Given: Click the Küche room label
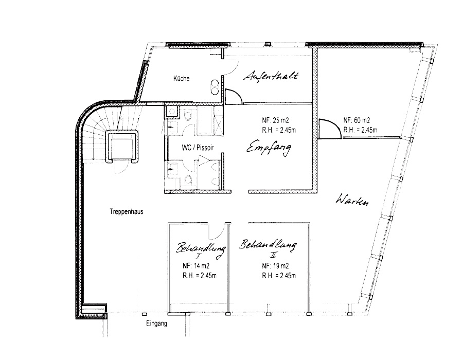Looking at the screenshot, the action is [x=181, y=79].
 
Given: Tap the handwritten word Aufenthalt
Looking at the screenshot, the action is [x=271, y=76].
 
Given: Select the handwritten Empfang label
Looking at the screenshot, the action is [x=269, y=148].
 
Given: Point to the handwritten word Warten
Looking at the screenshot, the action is [x=352, y=200].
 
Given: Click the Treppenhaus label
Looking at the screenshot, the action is [x=127, y=211].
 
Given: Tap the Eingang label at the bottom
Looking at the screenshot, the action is [x=156, y=323].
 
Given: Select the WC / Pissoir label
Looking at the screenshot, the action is [x=198, y=148].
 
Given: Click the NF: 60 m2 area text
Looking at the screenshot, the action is [x=357, y=120].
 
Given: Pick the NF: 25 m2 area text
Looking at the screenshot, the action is [x=275, y=120].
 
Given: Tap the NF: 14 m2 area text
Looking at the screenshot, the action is [x=196, y=266].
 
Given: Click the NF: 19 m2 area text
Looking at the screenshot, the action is [x=275, y=266].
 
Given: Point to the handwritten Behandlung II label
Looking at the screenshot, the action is [x=268, y=247].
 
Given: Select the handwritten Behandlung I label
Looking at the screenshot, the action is [x=201, y=250].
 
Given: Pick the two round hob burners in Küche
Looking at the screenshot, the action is [x=215, y=87].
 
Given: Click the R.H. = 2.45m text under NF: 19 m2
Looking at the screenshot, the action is [x=279, y=276].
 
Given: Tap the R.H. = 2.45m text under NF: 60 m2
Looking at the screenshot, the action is [x=360, y=130].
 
